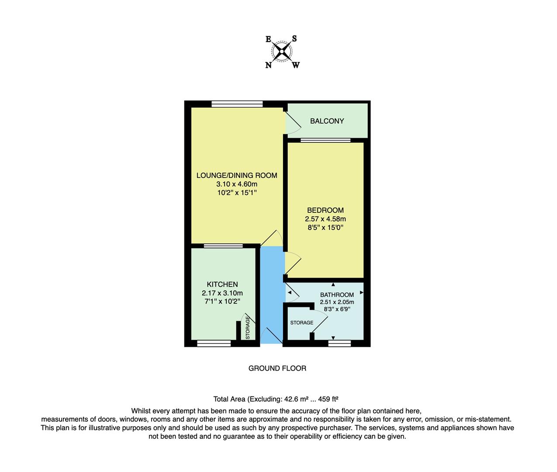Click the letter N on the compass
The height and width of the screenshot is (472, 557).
(268, 66)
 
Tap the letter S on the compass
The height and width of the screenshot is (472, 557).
(294, 38)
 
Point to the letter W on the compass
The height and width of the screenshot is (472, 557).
(296, 66)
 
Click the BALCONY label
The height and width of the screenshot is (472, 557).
(327, 121)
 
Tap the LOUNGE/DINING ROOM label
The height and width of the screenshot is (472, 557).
(237, 176)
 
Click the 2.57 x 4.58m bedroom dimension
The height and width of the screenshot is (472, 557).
(325, 219)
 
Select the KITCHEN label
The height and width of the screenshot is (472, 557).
(222, 285)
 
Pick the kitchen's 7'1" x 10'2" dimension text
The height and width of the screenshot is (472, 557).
(222, 302)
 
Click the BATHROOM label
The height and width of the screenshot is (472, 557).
(337, 295)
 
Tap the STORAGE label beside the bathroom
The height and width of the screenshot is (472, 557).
(302, 323)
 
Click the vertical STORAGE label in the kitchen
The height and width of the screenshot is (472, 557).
(248, 328)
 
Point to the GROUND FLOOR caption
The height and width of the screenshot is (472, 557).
(277, 368)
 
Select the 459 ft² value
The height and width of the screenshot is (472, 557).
(329, 399)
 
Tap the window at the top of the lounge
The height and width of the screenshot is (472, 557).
(237, 104)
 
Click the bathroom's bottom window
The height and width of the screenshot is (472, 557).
(339, 344)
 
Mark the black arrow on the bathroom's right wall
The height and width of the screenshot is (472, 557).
(361, 292)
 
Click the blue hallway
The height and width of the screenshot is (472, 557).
(271, 293)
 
